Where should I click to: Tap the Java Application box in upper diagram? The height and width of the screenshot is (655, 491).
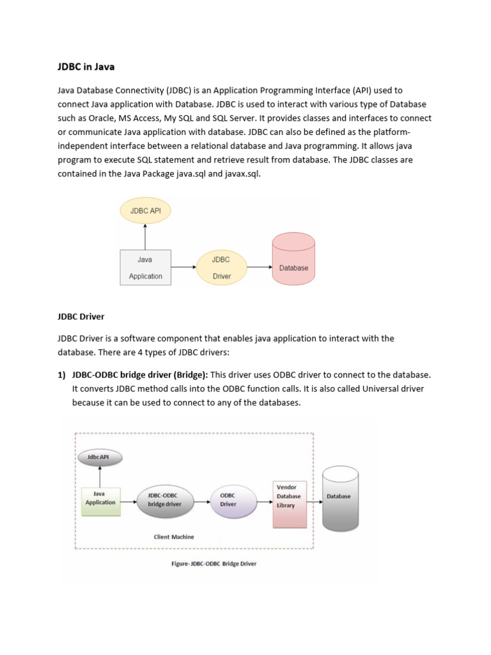[145, 267]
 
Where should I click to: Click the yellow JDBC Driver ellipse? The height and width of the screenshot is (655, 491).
[221, 267]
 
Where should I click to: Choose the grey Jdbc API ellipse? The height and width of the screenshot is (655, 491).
[100, 457]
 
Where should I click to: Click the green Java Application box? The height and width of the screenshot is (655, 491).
[100, 498]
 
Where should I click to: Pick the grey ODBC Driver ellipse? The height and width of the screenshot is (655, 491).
[228, 499]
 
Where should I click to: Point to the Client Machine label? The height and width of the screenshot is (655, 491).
[174, 537]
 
